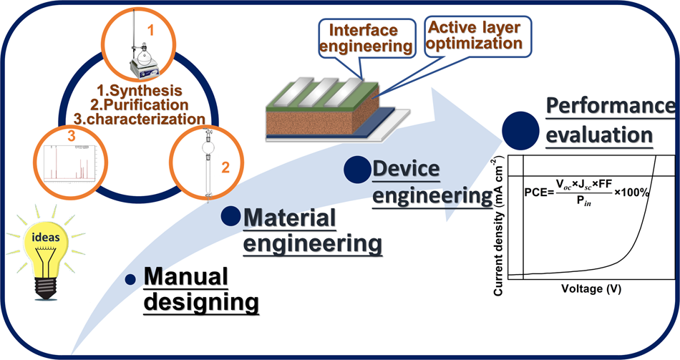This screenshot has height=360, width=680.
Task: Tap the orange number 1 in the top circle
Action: pyautogui.click(x=150, y=30)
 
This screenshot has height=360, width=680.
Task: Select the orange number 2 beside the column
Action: pyautogui.click(x=225, y=167)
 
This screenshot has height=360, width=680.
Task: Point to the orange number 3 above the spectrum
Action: pyautogui.click(x=71, y=136)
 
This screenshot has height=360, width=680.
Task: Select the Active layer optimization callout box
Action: pyautogui.click(x=477, y=36)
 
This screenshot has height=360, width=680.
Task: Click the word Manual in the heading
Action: pyautogui.click(x=185, y=276)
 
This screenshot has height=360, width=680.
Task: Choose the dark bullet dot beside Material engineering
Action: pyautogui.click(x=230, y=215)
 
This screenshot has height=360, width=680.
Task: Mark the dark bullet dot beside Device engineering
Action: pyautogui.click(x=357, y=170)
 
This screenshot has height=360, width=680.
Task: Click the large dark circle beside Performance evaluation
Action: pyautogui.click(x=520, y=130)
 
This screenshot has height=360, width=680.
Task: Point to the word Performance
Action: pyautogui.click(x=610, y=105)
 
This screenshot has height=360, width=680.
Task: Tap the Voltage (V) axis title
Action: pyautogui.click(x=591, y=288)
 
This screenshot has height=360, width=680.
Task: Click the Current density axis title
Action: pyautogui.click(x=498, y=227)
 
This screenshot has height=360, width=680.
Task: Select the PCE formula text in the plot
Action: pyautogui.click(x=587, y=193)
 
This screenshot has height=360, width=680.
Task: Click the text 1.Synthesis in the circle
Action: pyautogui.click(x=139, y=91)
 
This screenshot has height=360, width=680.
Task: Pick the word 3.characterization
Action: pyautogui.click(x=139, y=120)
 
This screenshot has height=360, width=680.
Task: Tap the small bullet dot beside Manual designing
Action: pyautogui.click(x=130, y=279)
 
